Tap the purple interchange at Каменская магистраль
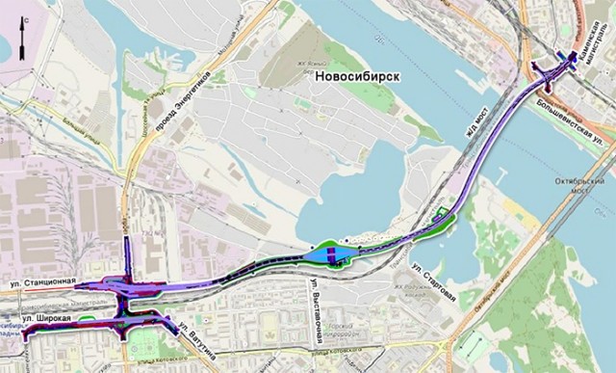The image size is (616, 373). (x=552, y=69)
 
